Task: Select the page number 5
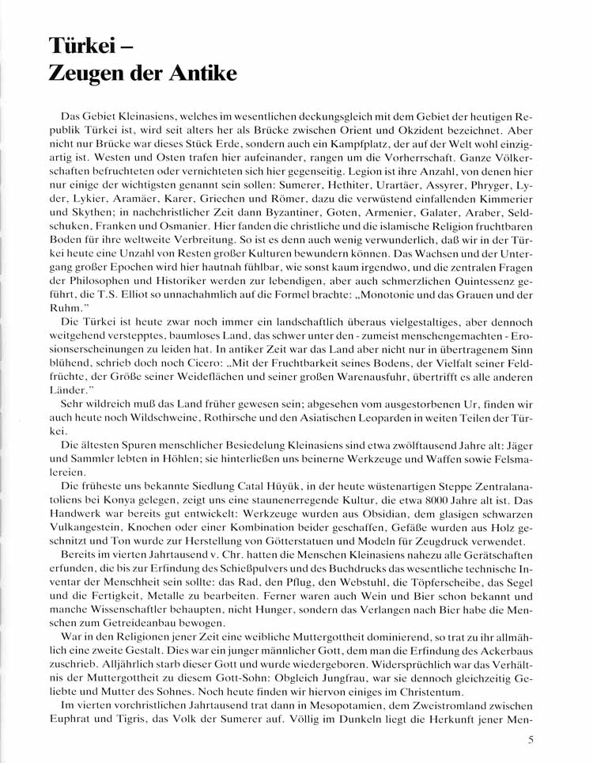click(x=531, y=742)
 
